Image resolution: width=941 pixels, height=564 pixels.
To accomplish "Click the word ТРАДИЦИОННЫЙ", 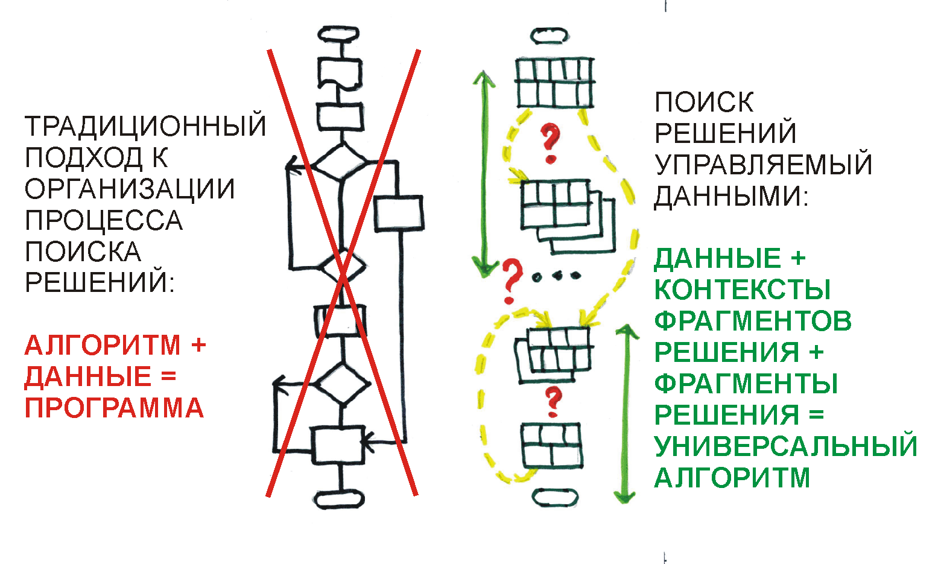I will (145, 126).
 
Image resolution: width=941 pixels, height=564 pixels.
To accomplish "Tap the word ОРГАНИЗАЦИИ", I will (130, 189).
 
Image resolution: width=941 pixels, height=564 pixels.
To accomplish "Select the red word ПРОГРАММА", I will (114, 408).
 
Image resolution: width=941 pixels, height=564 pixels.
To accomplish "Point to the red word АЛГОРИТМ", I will (103, 346).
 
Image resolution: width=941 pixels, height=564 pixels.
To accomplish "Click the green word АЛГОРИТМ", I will (732, 478).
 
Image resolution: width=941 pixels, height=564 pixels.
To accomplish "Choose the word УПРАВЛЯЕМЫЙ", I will (764, 165).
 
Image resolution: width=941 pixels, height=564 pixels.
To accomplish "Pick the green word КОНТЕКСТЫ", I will (743, 290).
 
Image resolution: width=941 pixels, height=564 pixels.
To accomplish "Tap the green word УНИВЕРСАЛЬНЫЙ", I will (785, 446).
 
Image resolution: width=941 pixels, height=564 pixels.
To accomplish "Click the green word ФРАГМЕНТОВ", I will (753, 322).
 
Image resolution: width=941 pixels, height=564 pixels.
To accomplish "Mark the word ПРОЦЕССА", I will (104, 220).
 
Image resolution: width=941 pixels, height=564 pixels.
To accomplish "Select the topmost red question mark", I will (549, 143).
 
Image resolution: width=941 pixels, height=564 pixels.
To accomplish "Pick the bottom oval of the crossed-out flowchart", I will (340, 499).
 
